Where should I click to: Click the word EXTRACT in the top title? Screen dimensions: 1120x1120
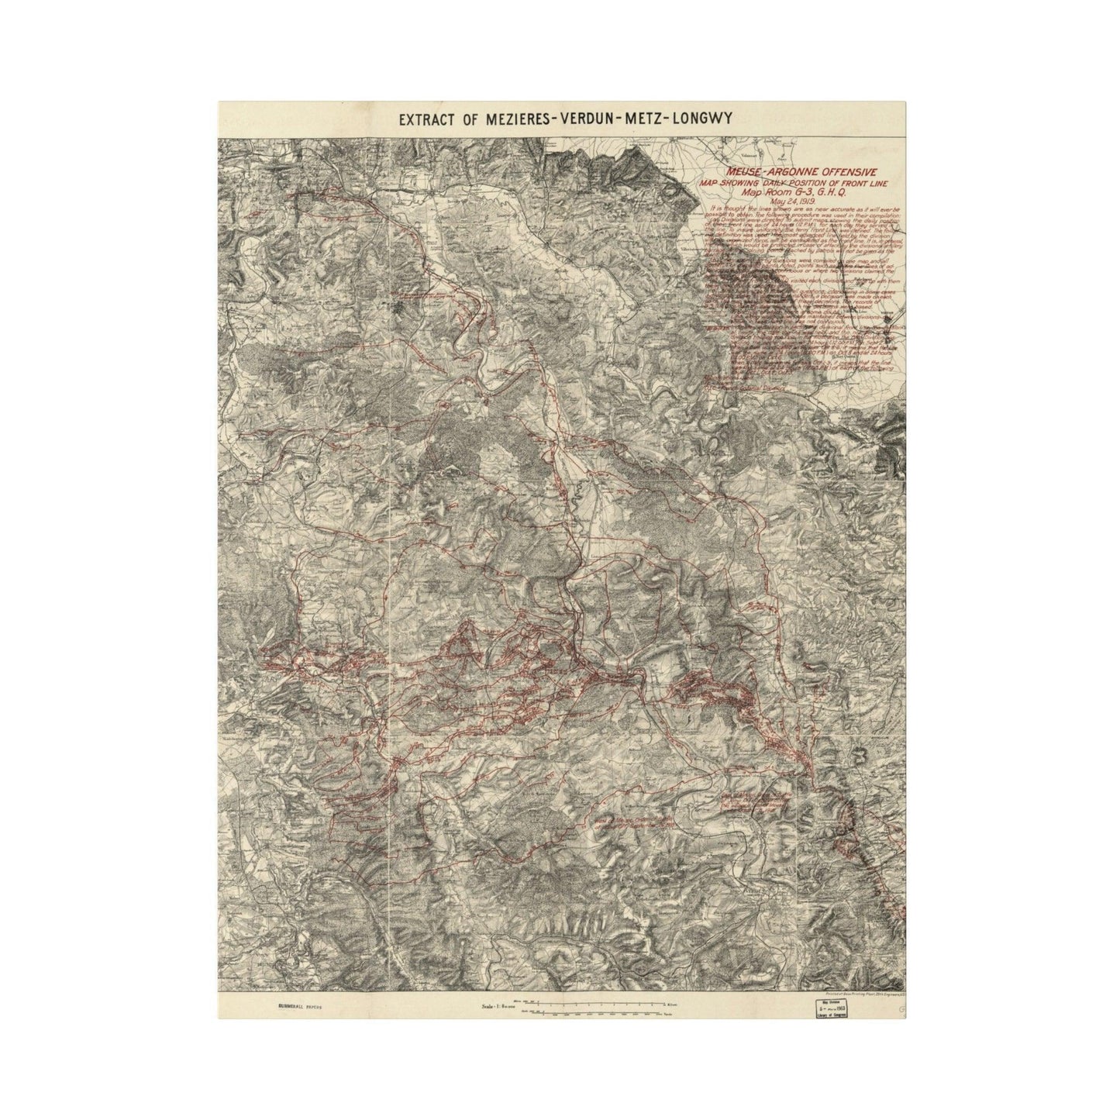pyautogui.click(x=427, y=119)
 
